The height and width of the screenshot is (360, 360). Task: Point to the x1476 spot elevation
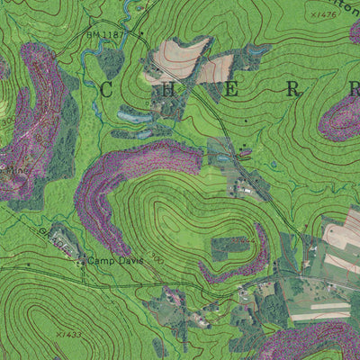(x=321, y=14)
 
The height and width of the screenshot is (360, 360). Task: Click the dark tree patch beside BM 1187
(x=111, y=61)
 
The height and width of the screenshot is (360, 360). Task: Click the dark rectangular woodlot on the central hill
(x=229, y=247)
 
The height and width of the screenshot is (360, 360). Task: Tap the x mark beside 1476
(x=311, y=15)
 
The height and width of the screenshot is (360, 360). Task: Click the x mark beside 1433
(x=57, y=334)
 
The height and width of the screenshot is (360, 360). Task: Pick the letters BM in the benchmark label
(x=92, y=35)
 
